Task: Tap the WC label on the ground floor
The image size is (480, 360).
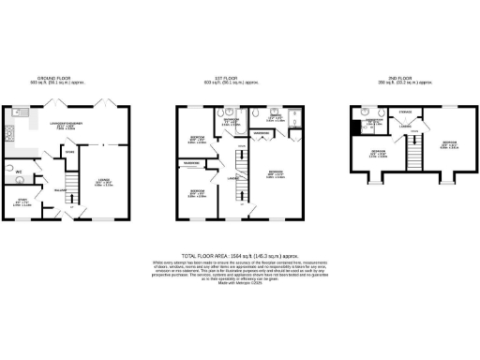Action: tap(18, 172)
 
